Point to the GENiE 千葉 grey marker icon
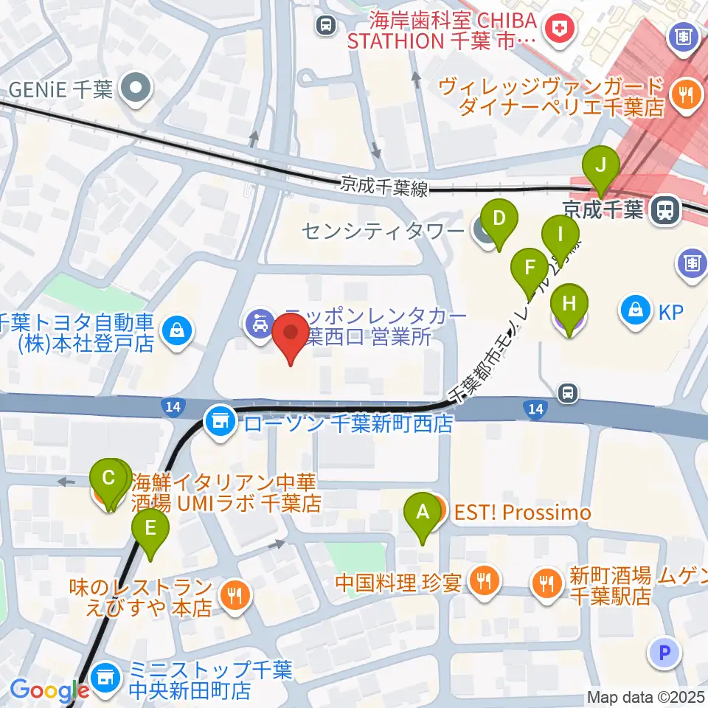(x=137, y=90)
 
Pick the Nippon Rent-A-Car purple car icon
(x=260, y=322)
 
